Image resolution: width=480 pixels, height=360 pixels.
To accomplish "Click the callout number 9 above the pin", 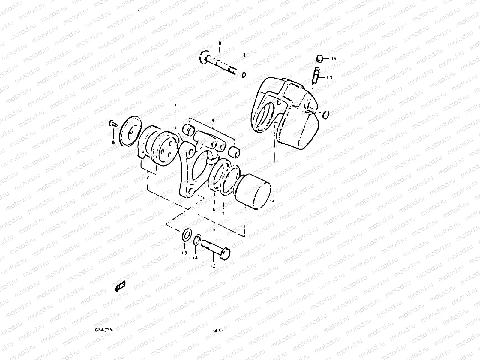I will (x=220, y=44).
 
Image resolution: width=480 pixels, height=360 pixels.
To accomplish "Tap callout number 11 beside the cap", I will (x=334, y=58).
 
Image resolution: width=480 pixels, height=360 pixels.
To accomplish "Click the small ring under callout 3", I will (x=244, y=74).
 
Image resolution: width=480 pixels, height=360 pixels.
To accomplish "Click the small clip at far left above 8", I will (x=113, y=124).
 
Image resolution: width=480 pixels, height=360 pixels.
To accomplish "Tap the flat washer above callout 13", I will (x=186, y=235).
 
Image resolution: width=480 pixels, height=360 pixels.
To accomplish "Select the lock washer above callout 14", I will (x=196, y=240).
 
